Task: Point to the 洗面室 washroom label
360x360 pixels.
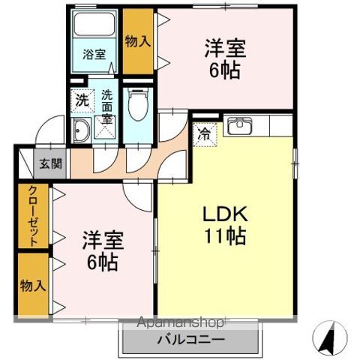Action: pyautogui.click(x=107, y=106)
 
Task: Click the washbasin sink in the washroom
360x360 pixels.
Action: pyautogui.click(x=81, y=130)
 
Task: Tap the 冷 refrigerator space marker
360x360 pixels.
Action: pyautogui.click(x=203, y=135)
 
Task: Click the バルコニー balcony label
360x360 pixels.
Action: pyautogui.click(x=190, y=339)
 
